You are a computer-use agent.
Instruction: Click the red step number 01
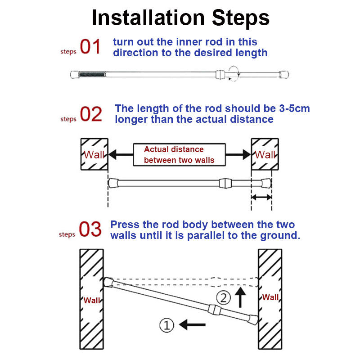point(90,46)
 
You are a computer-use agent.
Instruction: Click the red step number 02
point(91,114)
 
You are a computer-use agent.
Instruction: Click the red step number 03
point(90,229)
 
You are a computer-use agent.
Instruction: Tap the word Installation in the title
point(148,18)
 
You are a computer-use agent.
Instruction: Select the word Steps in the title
point(241,19)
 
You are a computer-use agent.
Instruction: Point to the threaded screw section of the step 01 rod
point(92,74)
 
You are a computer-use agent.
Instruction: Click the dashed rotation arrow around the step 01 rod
point(234,73)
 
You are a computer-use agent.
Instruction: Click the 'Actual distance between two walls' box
point(179,154)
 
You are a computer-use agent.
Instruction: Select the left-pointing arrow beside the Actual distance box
point(121,154)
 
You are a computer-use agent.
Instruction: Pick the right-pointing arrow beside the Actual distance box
point(238,154)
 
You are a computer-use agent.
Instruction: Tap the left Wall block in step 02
point(94,154)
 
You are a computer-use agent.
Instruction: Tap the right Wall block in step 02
point(265,154)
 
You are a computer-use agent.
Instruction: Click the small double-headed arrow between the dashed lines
point(261,197)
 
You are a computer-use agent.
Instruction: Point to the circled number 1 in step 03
point(166,325)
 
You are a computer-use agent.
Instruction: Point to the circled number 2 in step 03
point(223,298)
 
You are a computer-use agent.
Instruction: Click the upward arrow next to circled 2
point(240,297)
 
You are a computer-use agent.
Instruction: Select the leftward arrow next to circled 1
point(192,324)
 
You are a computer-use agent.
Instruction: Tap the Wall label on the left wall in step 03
point(92,300)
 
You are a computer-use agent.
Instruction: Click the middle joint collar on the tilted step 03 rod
point(215,310)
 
